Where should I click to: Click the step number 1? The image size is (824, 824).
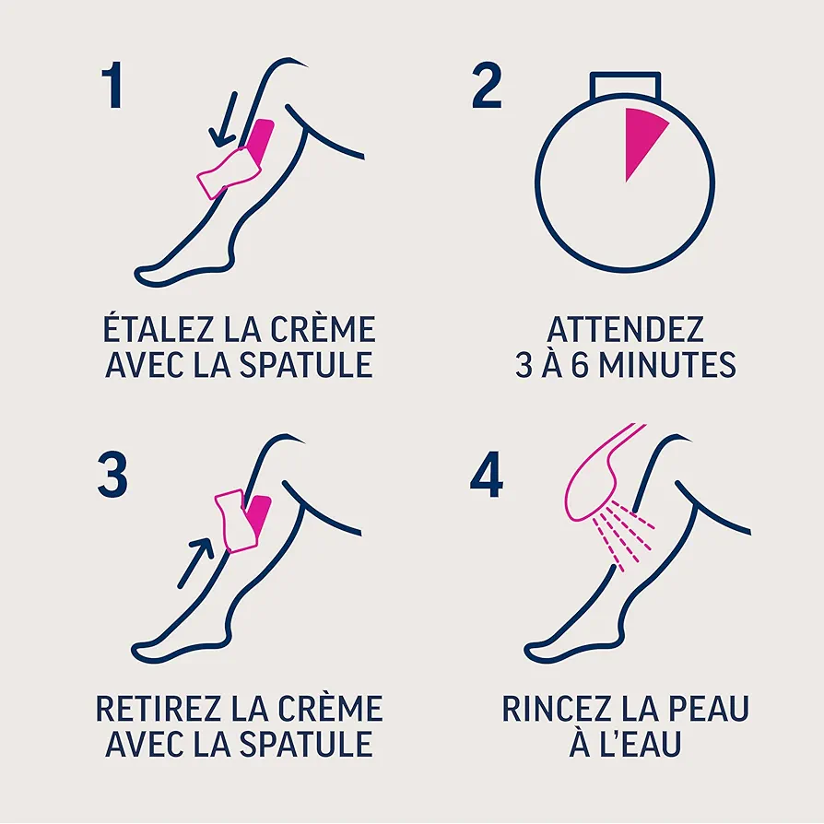[x=112, y=85]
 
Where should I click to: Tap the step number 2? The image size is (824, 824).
[x=487, y=85]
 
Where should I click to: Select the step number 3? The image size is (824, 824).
[x=112, y=475]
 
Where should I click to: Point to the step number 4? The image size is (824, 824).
[x=487, y=475]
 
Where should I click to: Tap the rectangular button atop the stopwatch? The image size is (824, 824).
[x=625, y=86]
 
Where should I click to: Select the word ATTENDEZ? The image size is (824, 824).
[x=625, y=329]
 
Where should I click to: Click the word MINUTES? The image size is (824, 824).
[x=667, y=365]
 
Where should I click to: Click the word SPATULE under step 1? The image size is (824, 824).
[x=306, y=365]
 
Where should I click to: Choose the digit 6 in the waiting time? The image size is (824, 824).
[x=579, y=365]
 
